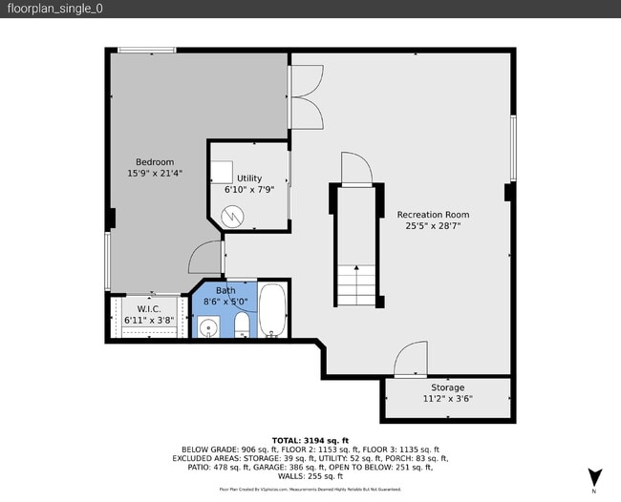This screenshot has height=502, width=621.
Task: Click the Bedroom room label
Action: click(155, 161)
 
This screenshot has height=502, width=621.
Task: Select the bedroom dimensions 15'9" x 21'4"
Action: click(155, 174)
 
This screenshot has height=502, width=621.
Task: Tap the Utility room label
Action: click(249, 178)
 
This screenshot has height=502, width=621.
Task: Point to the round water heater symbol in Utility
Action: click(233, 217)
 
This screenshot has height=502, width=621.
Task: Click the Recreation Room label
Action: click(433, 215)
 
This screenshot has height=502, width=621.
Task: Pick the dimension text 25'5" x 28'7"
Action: click(433, 227)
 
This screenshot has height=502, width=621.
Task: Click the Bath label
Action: click(225, 291)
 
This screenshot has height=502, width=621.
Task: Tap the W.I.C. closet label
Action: click(149, 308)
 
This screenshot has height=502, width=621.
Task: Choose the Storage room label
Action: click(447, 387)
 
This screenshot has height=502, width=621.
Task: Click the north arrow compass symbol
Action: click(595, 476)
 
